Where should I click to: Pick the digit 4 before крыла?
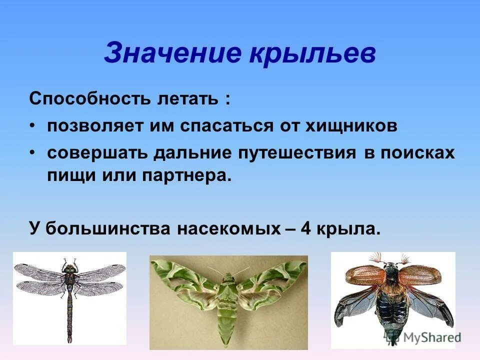tap(306, 229)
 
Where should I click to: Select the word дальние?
tap(191, 152)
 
